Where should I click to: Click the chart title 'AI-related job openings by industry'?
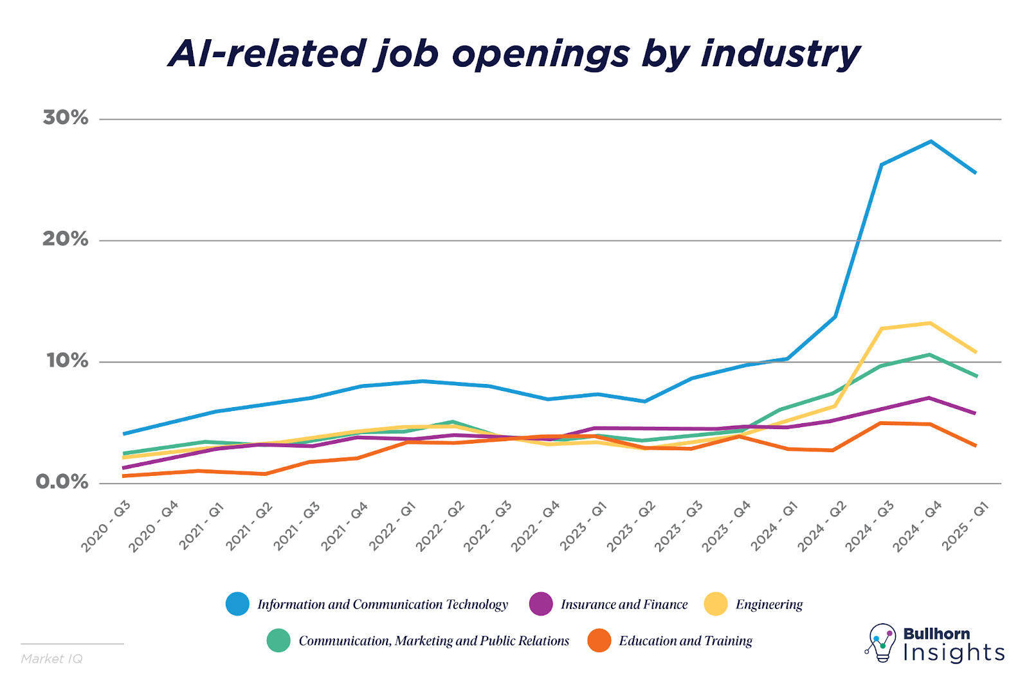tap(514, 54)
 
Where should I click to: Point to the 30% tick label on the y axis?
tap(66, 118)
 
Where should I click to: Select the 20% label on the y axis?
tap(66, 239)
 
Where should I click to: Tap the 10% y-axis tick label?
tap(68, 361)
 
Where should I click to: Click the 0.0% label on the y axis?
tap(62, 482)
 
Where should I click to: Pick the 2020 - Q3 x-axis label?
tap(106, 527)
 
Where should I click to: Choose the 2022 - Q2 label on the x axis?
tap(440, 527)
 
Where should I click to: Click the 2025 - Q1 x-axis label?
tap(965, 527)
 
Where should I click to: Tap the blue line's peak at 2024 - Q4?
tap(930, 141)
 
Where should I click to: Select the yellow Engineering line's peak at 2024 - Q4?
tap(930, 323)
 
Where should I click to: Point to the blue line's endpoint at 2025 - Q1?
tap(976, 173)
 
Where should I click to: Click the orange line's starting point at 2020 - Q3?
tap(123, 476)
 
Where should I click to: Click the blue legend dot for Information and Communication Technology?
tap(237, 604)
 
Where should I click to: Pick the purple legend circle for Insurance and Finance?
tap(541, 604)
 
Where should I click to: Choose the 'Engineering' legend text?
tap(769, 605)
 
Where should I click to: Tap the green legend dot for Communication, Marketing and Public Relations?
tap(278, 641)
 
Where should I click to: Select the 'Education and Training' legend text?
tap(686, 641)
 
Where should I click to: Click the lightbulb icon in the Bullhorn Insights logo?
tap(882, 642)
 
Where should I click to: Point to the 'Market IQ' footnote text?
tap(51, 659)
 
